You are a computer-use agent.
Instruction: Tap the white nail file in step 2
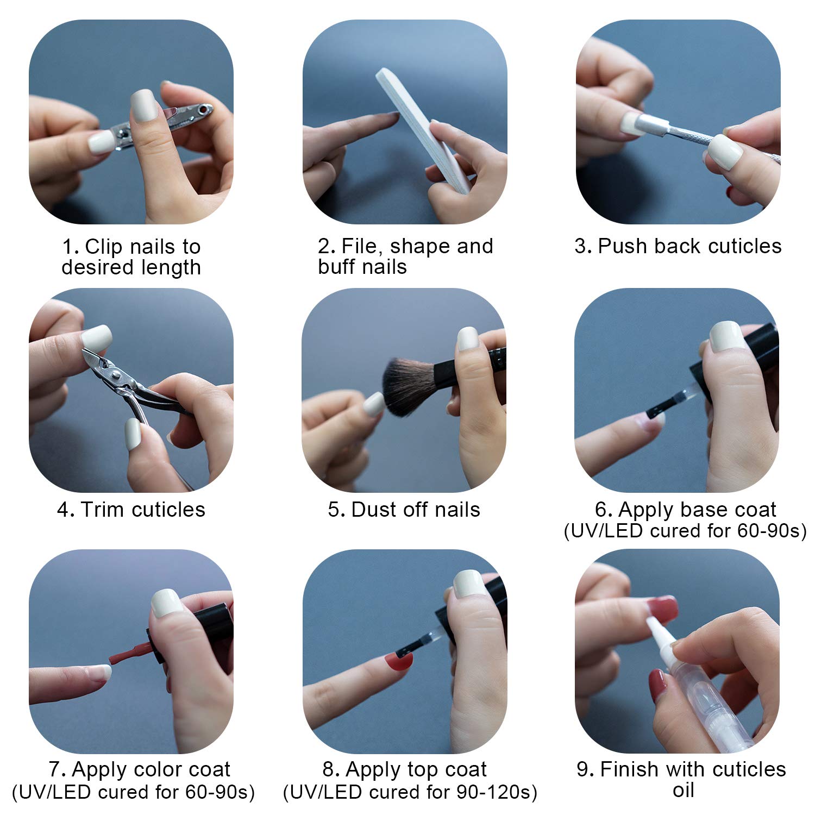422,130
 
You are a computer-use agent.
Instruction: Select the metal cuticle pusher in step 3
706,136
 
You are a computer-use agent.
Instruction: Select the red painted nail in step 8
398,661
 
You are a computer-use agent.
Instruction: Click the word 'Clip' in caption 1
104,247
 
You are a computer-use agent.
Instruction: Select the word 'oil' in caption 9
684,790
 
